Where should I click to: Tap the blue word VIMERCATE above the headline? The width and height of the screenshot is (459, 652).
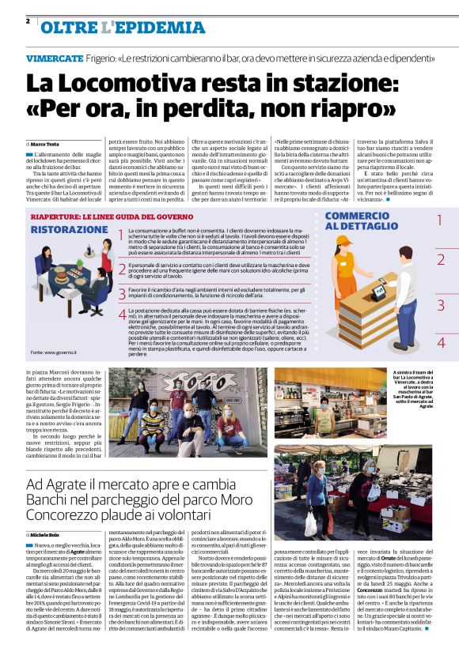[54, 58]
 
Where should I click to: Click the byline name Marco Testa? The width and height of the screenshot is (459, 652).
[47, 144]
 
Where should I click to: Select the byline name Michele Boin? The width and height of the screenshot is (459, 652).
[48, 535]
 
